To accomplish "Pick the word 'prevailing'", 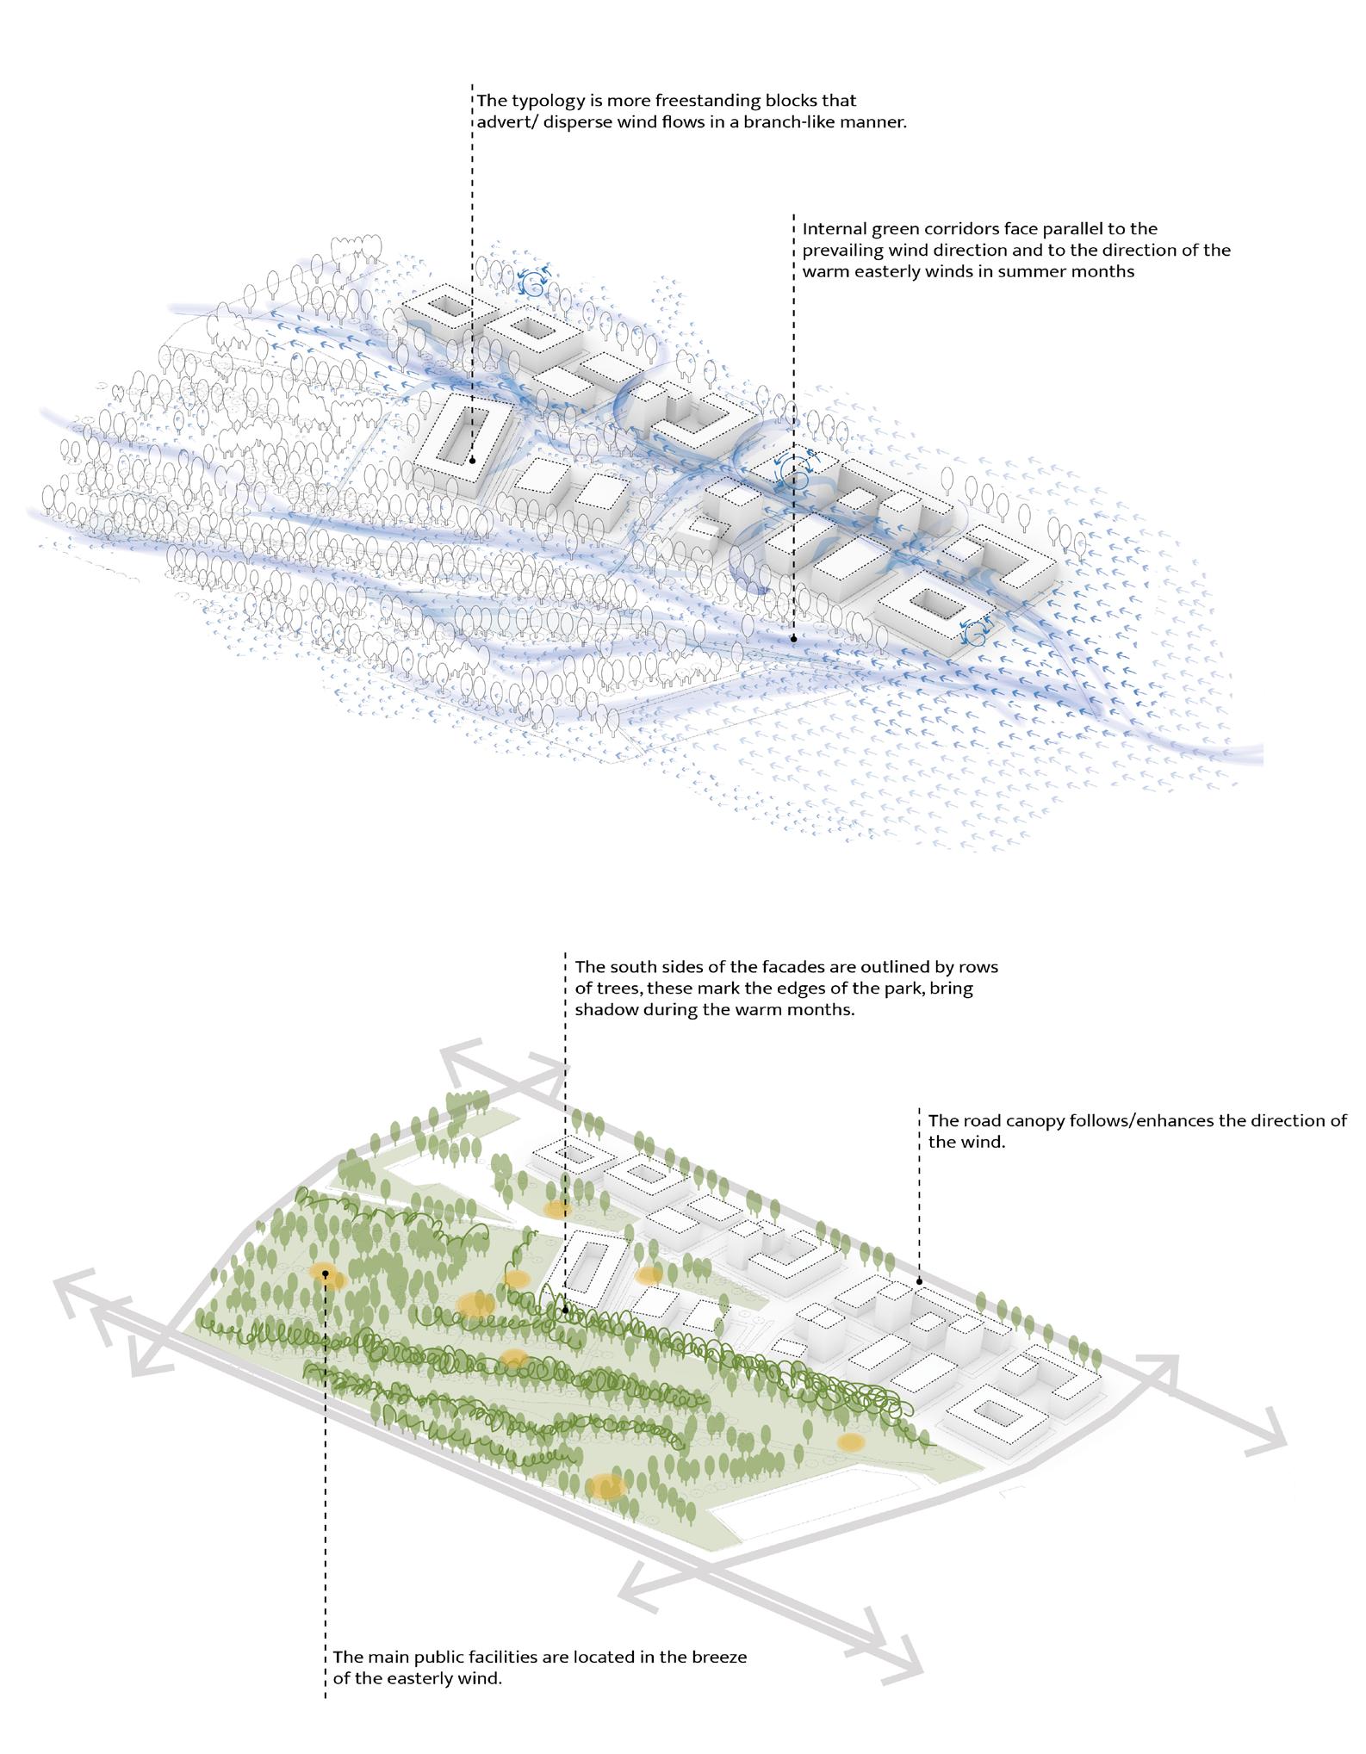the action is pos(848,251).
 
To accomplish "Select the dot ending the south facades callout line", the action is pos(566,1310).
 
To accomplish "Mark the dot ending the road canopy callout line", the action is pos(919,1281).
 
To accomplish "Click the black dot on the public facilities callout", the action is pos(326,1273).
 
